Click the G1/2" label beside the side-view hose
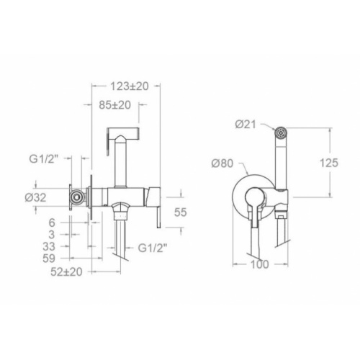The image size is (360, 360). click(152, 250)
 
